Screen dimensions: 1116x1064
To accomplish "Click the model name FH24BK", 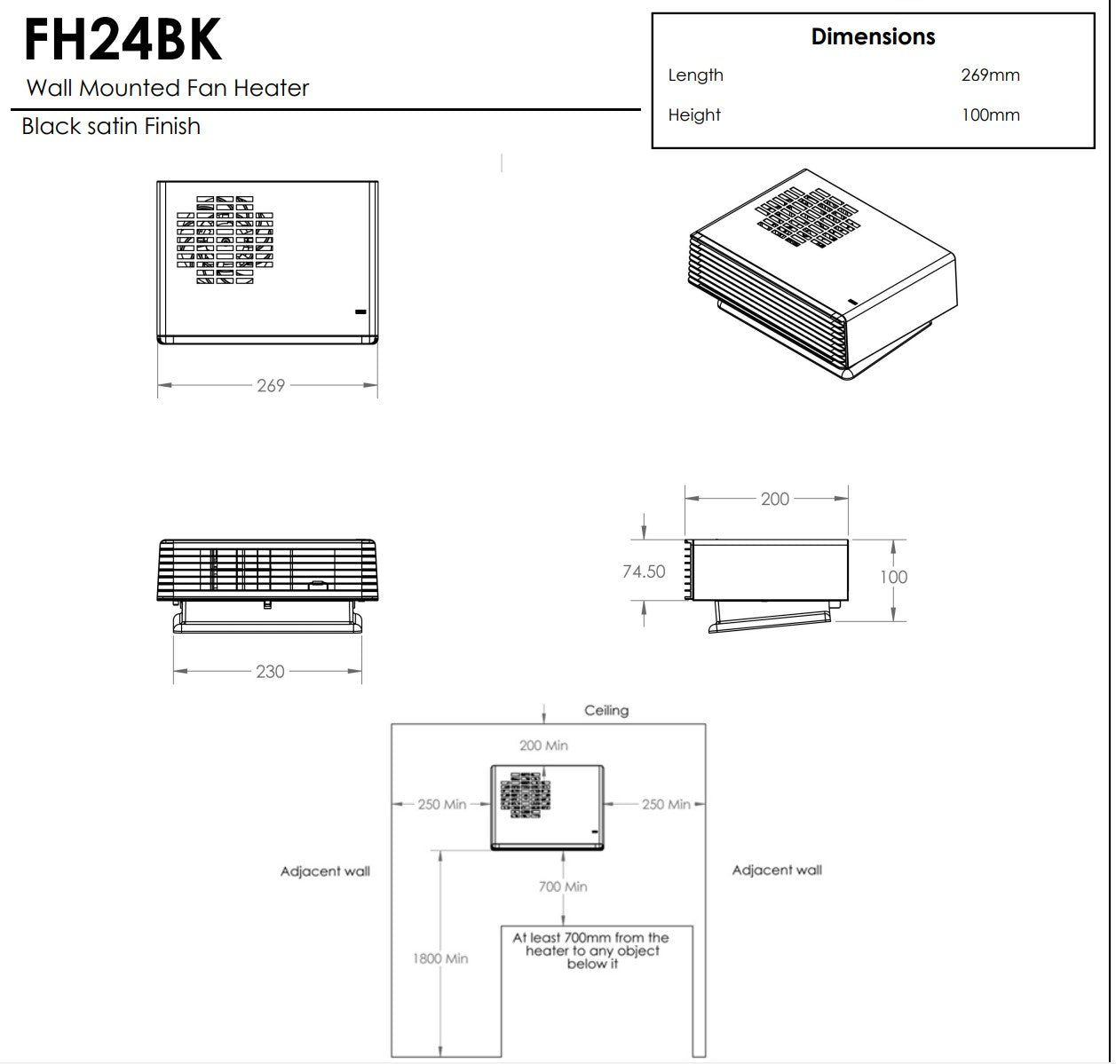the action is [x=123, y=39].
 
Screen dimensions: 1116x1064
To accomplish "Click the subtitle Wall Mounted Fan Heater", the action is [x=168, y=88].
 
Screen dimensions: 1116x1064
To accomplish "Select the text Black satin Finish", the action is [x=111, y=126].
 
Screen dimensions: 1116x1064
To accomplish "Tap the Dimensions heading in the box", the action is [x=873, y=37].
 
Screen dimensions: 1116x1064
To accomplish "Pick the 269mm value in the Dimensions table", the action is [x=990, y=75].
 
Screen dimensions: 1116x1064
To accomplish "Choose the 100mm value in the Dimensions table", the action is [x=990, y=114].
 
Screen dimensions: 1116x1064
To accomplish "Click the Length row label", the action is [x=695, y=75].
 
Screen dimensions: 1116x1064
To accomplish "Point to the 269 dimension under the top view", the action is [x=270, y=386].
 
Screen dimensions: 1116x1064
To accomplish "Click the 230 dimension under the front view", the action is [x=270, y=672].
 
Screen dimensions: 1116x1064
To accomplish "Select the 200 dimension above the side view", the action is [x=775, y=500].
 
